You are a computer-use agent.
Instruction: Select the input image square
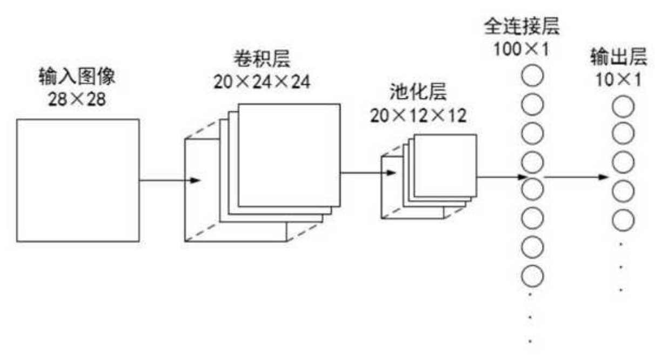78,180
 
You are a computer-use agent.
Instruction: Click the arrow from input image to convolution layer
170,181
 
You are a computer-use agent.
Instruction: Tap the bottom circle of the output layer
623,219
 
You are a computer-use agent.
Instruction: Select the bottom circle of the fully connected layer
531,275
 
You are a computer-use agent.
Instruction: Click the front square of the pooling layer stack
445,164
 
